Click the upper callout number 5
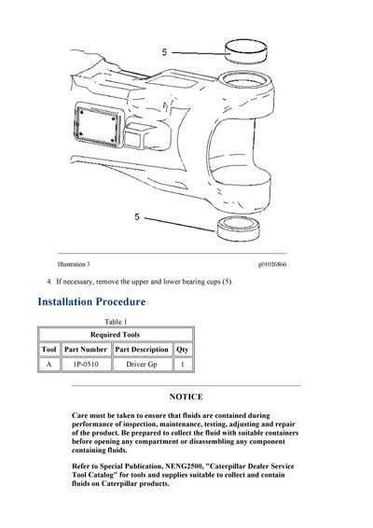coord(164,52)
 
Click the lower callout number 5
coord(136,216)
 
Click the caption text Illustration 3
coord(74,266)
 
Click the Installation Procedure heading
coord(91,302)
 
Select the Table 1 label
coord(117,322)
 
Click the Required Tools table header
coord(117,333)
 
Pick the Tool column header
coord(49,349)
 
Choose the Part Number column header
coord(86,349)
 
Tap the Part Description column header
coord(142,349)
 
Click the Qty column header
coord(183,349)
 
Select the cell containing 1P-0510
coord(86,365)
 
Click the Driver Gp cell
coord(142,365)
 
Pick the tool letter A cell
coord(49,365)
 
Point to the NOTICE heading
coord(186,396)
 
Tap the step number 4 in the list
coord(48,282)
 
